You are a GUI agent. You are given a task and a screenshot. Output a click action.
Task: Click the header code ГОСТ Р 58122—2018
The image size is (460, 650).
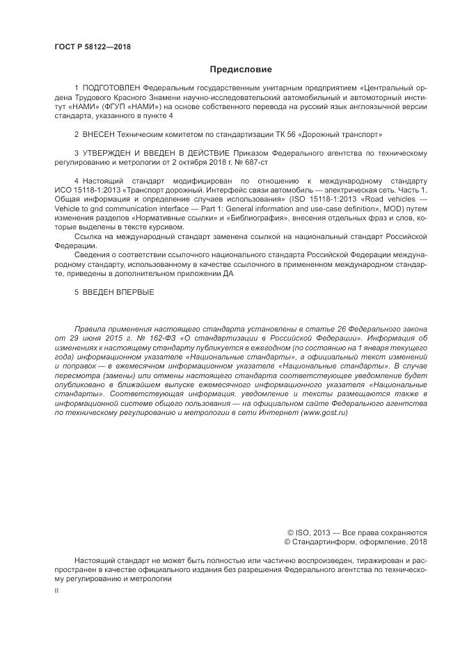tap(93, 47)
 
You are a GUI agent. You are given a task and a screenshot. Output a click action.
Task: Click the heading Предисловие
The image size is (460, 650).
tap(240, 70)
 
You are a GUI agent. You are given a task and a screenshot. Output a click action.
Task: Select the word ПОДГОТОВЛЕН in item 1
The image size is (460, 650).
tap(112, 88)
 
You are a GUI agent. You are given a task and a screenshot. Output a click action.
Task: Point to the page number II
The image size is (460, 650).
tap(56, 590)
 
